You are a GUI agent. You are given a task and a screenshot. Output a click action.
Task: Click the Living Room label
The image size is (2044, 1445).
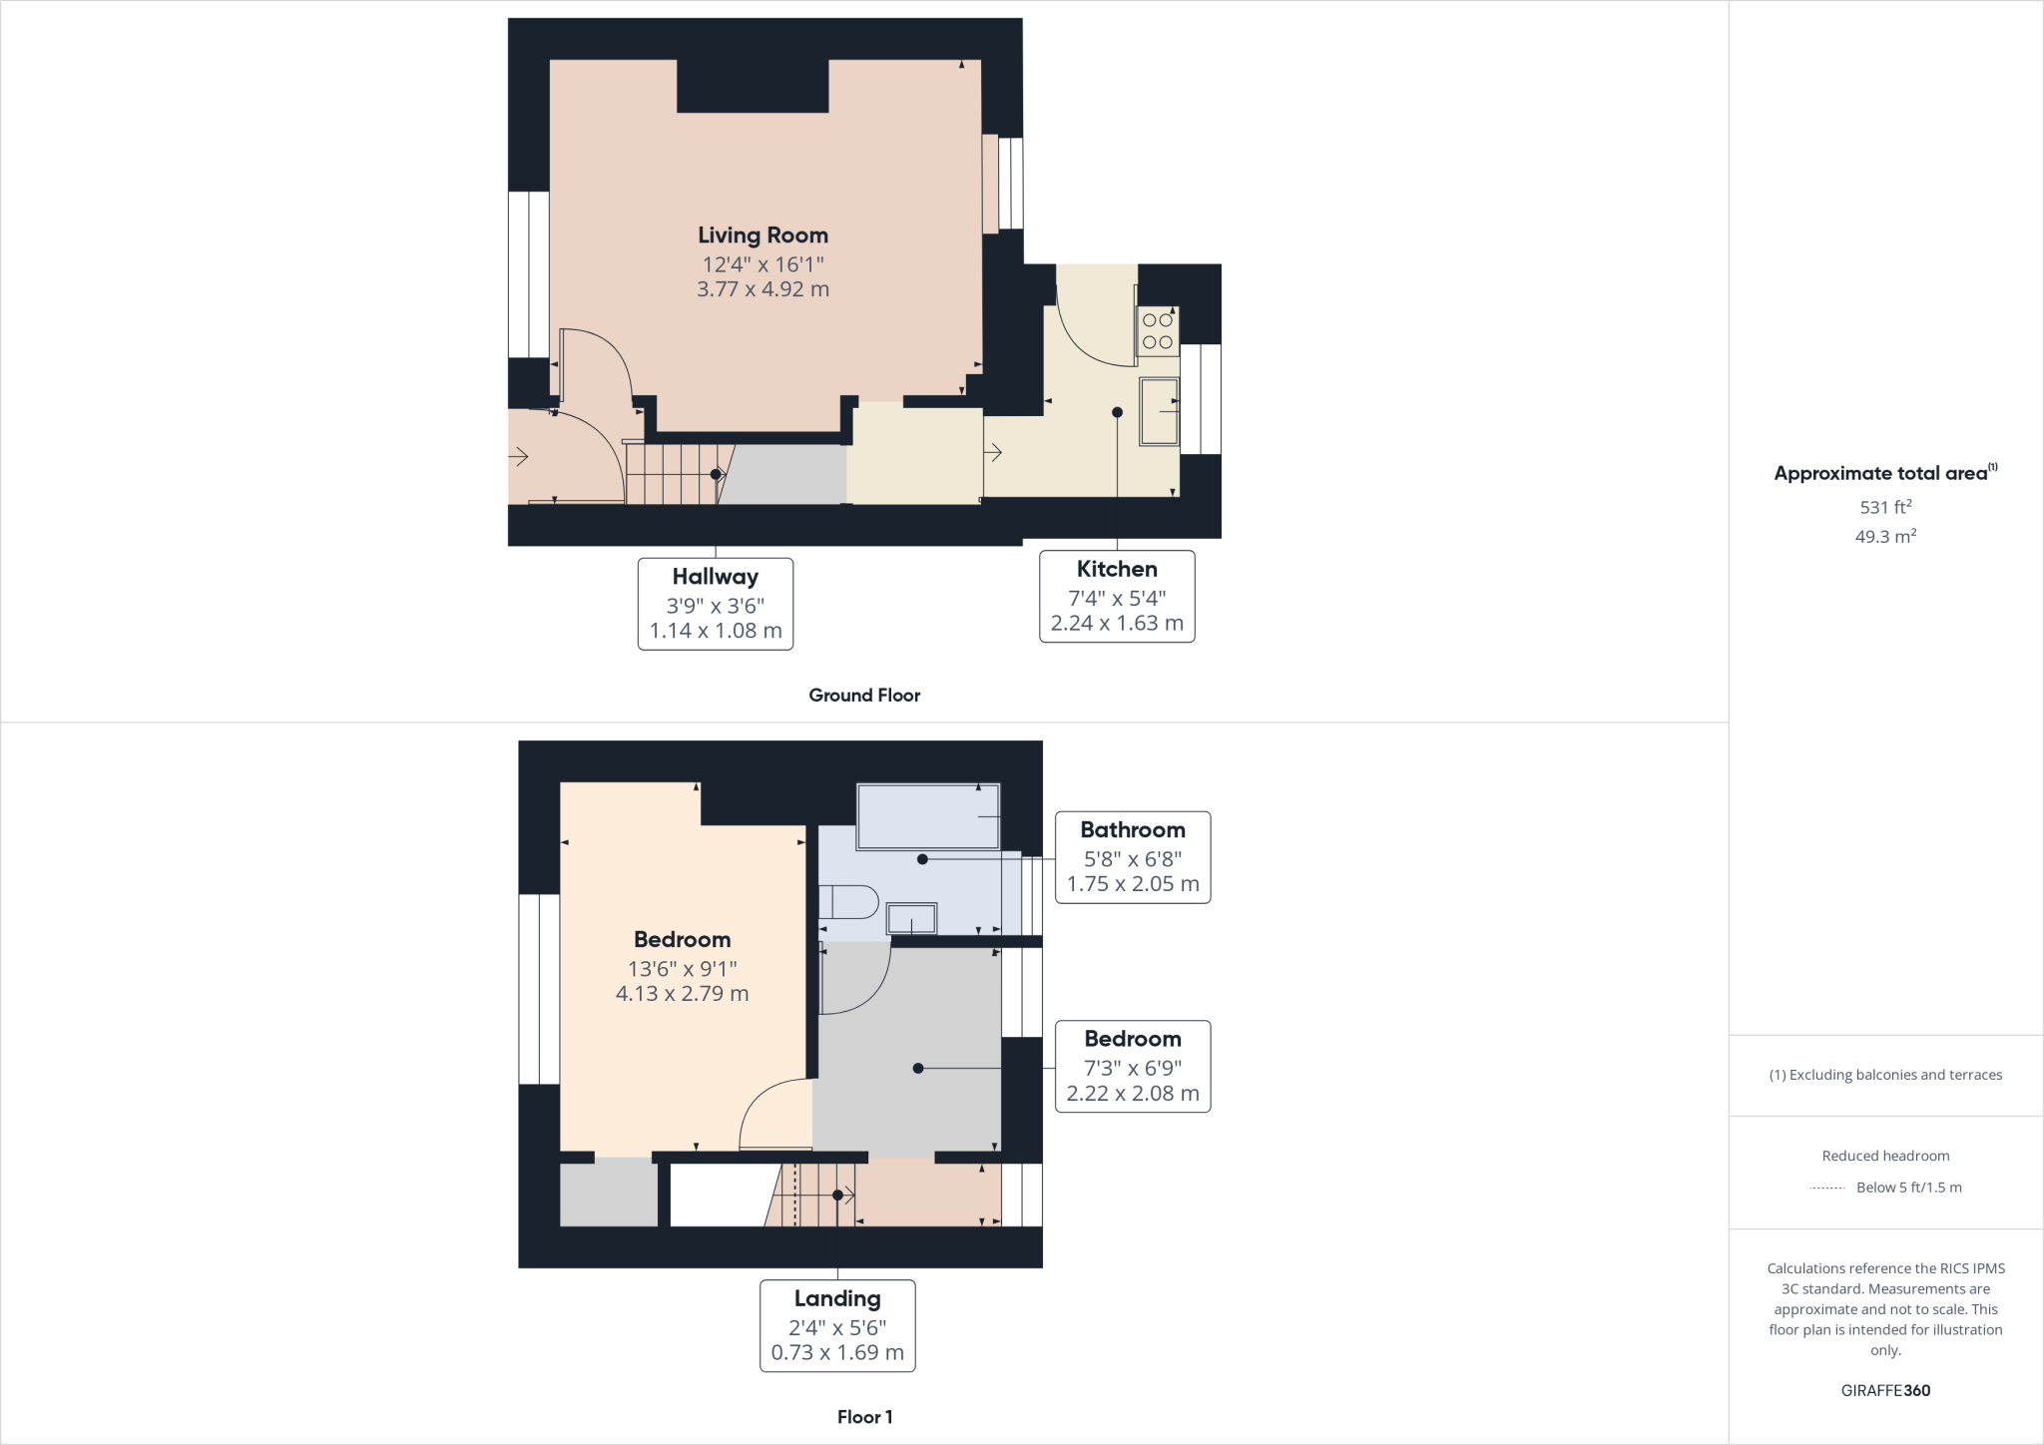(763, 236)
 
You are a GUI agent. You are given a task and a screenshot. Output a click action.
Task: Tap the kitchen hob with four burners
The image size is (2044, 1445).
(1158, 331)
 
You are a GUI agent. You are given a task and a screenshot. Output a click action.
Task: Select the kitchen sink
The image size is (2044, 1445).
(1160, 411)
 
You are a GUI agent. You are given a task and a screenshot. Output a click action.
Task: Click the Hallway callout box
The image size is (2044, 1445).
(716, 604)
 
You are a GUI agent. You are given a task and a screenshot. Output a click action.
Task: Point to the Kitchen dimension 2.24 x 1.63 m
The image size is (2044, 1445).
(1117, 624)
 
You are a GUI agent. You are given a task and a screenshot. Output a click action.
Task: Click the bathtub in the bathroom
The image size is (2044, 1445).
(928, 816)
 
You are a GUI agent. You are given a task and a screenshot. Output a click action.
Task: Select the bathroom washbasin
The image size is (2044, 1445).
(912, 918)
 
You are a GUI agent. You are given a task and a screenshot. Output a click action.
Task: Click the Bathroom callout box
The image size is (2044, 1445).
(1133, 857)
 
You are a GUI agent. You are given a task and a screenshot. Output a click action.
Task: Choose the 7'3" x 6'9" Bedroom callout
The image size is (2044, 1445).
(1133, 1066)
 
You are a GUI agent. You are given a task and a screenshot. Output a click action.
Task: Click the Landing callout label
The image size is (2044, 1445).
(837, 1299)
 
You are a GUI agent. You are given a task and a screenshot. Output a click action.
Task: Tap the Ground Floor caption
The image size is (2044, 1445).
(864, 696)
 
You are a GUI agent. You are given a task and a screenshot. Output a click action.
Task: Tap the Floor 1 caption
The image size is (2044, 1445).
(864, 1417)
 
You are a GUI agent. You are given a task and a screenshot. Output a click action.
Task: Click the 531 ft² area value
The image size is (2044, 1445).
(1885, 507)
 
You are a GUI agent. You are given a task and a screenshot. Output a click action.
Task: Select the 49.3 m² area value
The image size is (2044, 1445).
(1885, 537)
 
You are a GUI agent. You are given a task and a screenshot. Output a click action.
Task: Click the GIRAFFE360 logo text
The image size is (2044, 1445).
(1885, 1390)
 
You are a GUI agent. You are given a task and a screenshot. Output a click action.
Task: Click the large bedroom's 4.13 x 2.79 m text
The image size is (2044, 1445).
(682, 994)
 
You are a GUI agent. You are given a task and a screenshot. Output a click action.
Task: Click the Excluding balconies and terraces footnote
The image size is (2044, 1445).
(1885, 1075)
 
